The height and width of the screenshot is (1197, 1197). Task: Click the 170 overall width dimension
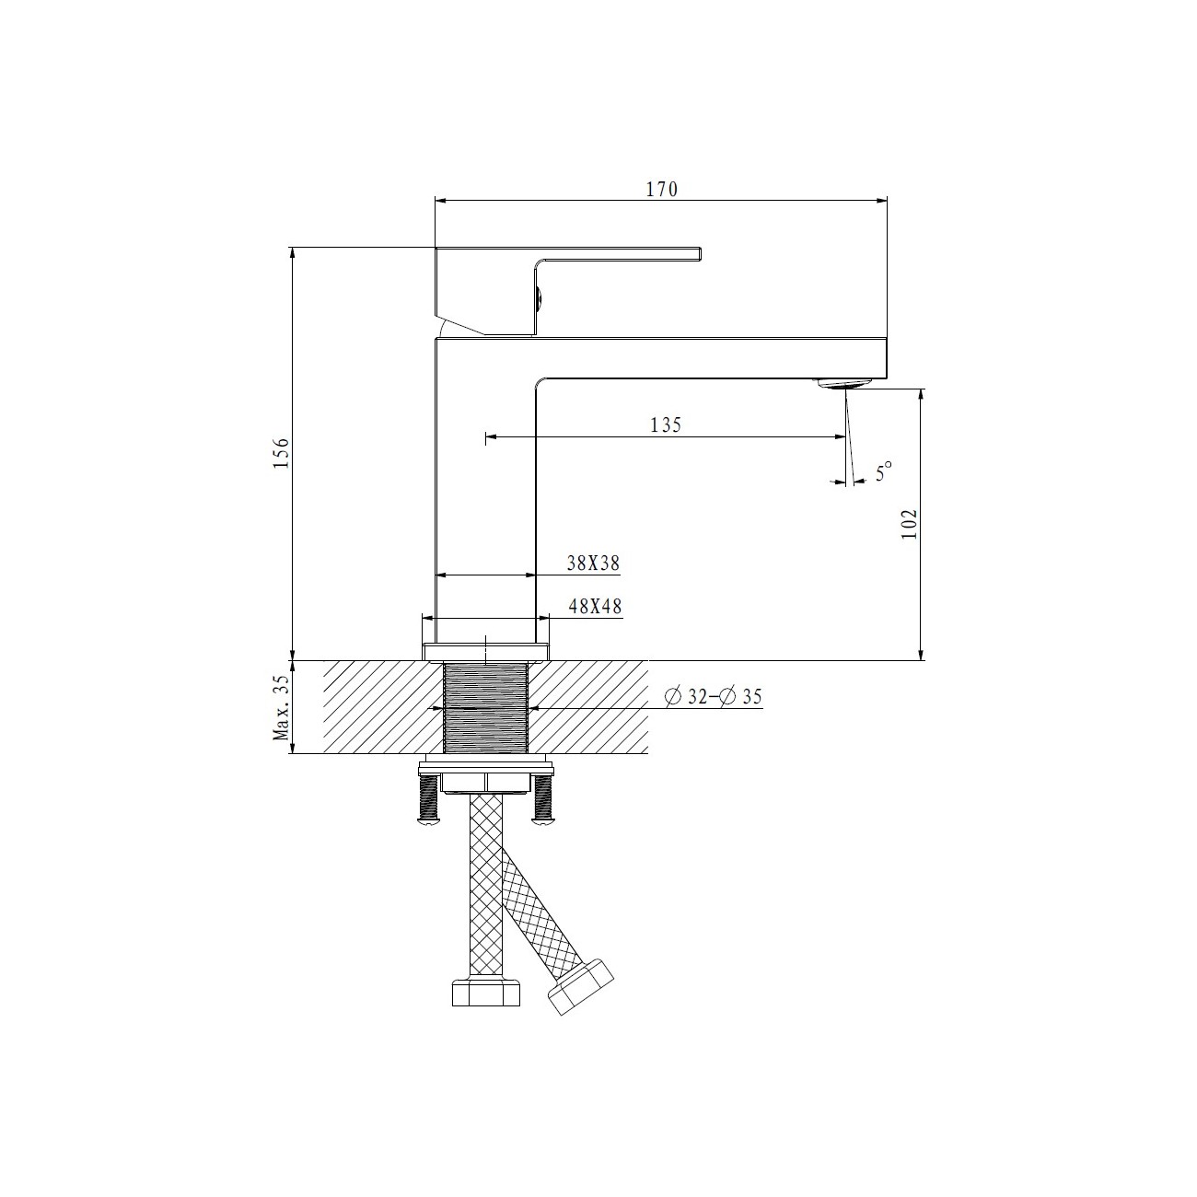pyautogui.click(x=661, y=190)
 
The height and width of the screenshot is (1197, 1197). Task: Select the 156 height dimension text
pyautogui.click(x=282, y=453)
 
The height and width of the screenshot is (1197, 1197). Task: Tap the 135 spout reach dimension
pyautogui.click(x=665, y=425)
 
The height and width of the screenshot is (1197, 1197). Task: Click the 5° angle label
pyautogui.click(x=884, y=473)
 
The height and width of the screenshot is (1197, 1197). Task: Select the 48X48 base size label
pyautogui.click(x=594, y=606)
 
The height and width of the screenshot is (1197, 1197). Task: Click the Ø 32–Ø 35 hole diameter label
pyautogui.click(x=714, y=697)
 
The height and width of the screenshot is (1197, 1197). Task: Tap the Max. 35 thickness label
pyautogui.click(x=282, y=707)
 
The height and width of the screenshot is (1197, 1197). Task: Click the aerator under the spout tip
pyautogui.click(x=843, y=383)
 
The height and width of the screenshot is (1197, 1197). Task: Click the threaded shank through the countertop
pyautogui.click(x=485, y=707)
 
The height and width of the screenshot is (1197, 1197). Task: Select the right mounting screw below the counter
pyautogui.click(x=543, y=797)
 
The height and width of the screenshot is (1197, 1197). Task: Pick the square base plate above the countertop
pyautogui.click(x=485, y=650)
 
